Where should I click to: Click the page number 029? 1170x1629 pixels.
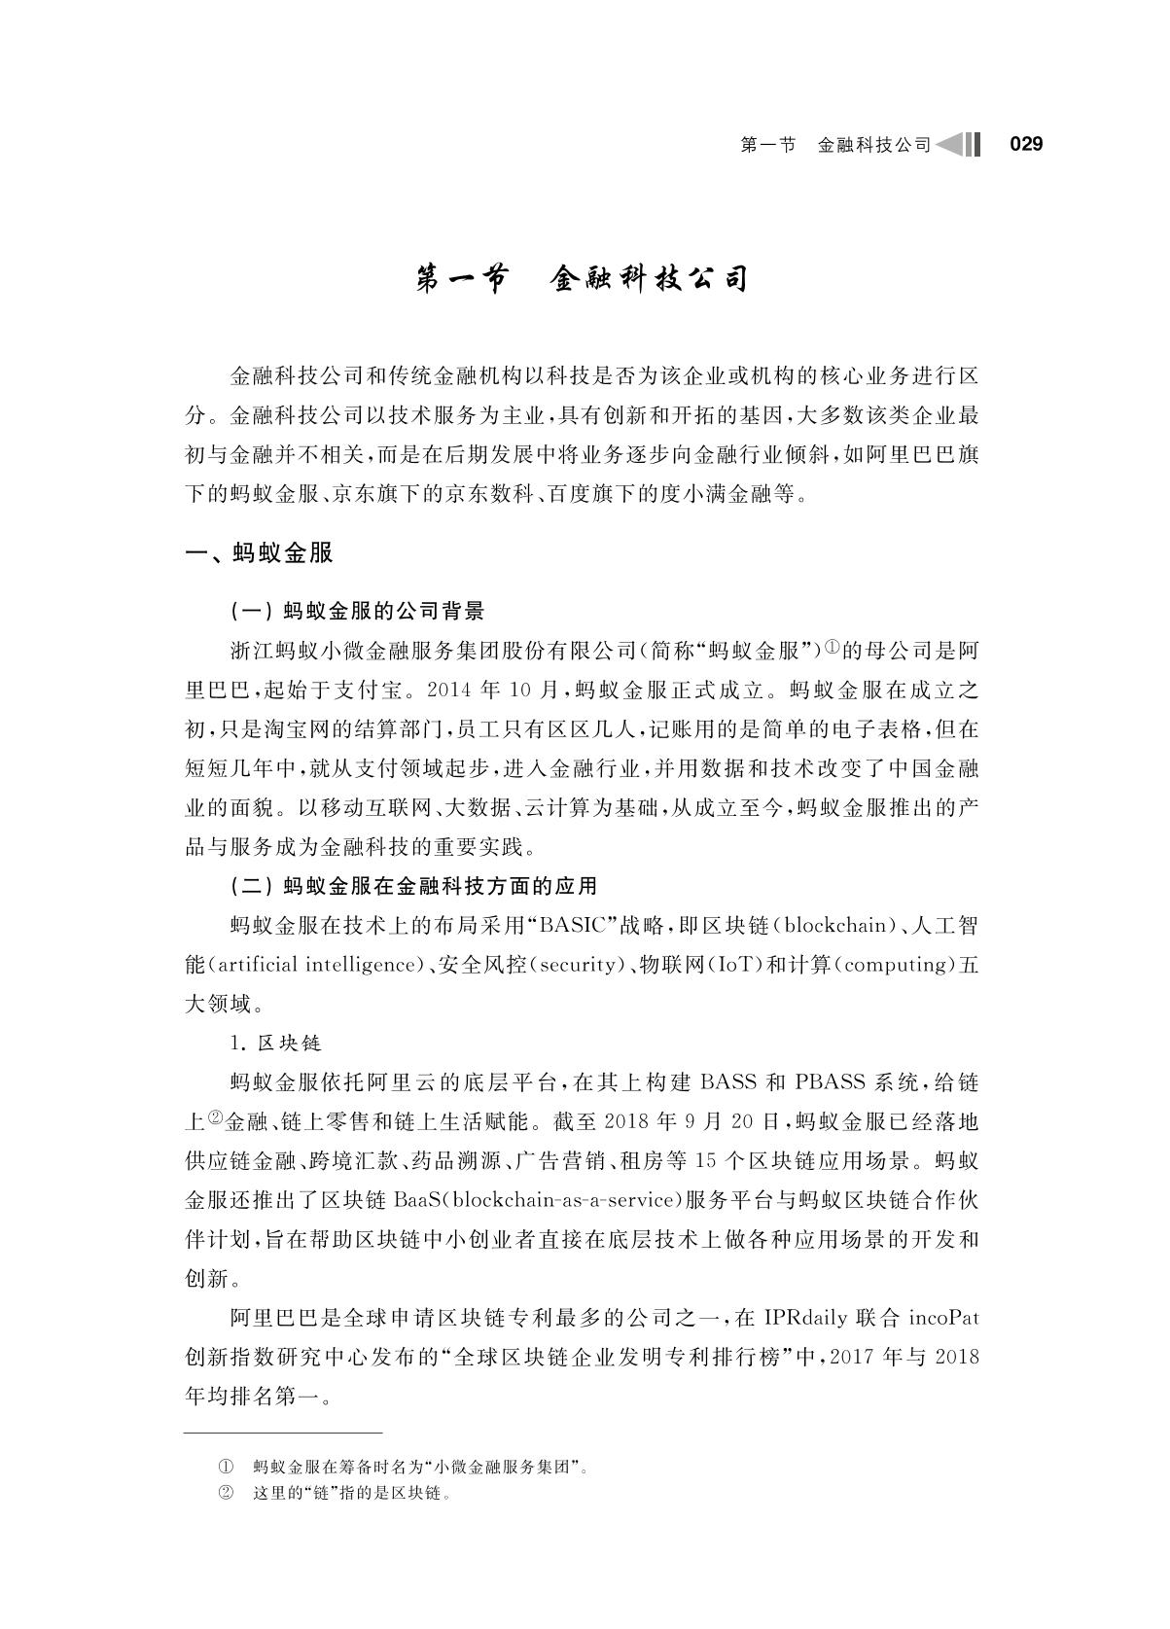point(1026,145)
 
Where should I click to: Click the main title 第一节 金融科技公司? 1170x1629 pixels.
point(583,279)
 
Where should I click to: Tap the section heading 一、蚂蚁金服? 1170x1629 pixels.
point(260,553)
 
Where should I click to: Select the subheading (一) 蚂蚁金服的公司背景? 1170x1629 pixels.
point(357,611)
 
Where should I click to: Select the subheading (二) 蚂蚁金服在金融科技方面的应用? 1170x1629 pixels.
point(413,886)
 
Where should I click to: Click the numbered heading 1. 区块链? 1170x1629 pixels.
point(276,1044)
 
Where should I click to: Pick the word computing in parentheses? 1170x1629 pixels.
point(893,965)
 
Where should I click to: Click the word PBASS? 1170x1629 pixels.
point(832,1082)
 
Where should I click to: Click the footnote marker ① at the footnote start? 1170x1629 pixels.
point(226,1467)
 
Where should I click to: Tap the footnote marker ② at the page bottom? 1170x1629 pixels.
point(226,1493)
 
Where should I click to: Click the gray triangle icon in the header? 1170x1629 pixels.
point(950,145)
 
